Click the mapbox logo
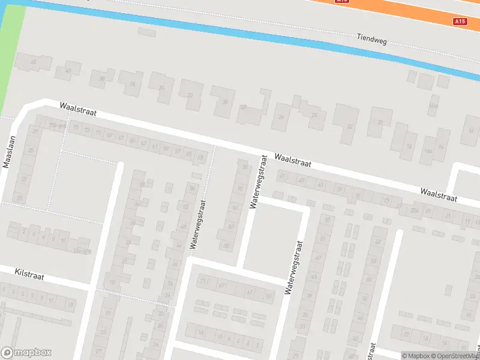(x=26, y=353)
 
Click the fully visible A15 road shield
(x=460, y=22)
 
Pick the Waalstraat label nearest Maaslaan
(x=78, y=109)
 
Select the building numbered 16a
(x=428, y=150)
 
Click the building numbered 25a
(x=414, y=210)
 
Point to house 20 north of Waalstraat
(x=380, y=122)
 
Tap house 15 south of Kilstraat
(x=70, y=305)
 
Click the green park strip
(x=12, y=54)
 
